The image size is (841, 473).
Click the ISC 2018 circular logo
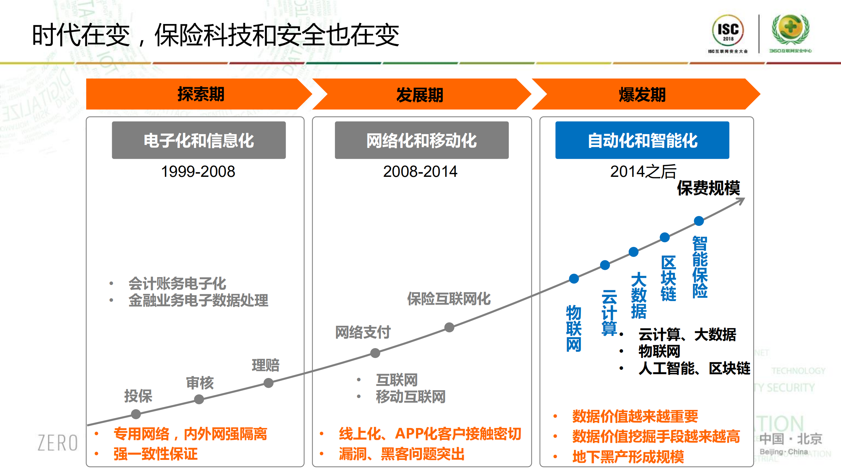pyautogui.click(x=728, y=31)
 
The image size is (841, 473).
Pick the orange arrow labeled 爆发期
pyautogui.click(x=642, y=94)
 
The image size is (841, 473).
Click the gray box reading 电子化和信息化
pyautogui.click(x=199, y=140)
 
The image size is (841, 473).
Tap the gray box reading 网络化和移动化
pyautogui.click(x=421, y=140)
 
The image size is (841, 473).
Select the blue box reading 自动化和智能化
pyautogui.click(x=642, y=140)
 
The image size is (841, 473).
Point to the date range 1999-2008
pyautogui.click(x=198, y=172)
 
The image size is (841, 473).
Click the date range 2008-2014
pyautogui.click(x=420, y=172)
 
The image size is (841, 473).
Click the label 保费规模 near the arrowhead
pyautogui.click(x=708, y=188)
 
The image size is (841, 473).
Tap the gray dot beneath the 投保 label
pyautogui.click(x=136, y=414)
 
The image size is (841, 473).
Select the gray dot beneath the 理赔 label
pyautogui.click(x=269, y=383)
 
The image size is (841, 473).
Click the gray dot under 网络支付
pyautogui.click(x=375, y=353)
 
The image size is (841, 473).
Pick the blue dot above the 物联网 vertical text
pyautogui.click(x=574, y=279)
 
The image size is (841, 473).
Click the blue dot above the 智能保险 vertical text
pyautogui.click(x=699, y=221)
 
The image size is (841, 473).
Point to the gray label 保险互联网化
pyautogui.click(x=449, y=299)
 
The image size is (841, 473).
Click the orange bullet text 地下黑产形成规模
pyautogui.click(x=628, y=457)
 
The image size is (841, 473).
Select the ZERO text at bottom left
pyautogui.click(x=58, y=443)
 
